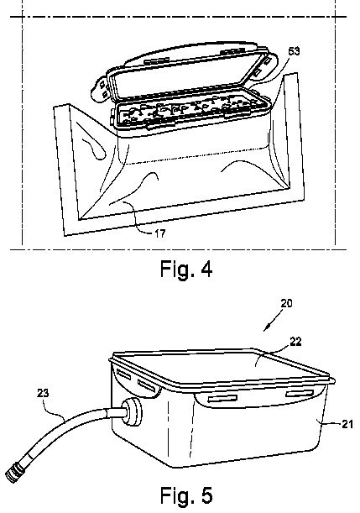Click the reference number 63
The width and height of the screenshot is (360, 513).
(294, 51)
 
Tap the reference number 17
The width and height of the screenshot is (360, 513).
(160, 233)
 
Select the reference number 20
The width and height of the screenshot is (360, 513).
(286, 303)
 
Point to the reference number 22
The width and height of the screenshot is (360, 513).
(295, 342)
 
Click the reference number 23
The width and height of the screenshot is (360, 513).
(43, 393)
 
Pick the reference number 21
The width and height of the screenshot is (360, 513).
(347, 424)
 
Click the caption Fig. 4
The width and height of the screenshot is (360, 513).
(186, 269)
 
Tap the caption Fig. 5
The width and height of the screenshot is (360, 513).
(186, 495)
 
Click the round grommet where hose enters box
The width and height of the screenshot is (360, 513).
(133, 412)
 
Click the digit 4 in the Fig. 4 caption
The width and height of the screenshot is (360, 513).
(206, 269)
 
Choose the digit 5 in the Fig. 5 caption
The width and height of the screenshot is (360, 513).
(206, 495)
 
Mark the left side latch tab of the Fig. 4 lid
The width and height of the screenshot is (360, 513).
(99, 86)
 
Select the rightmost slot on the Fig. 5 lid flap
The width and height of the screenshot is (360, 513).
(300, 393)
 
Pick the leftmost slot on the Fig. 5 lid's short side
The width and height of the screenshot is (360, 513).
(123, 374)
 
